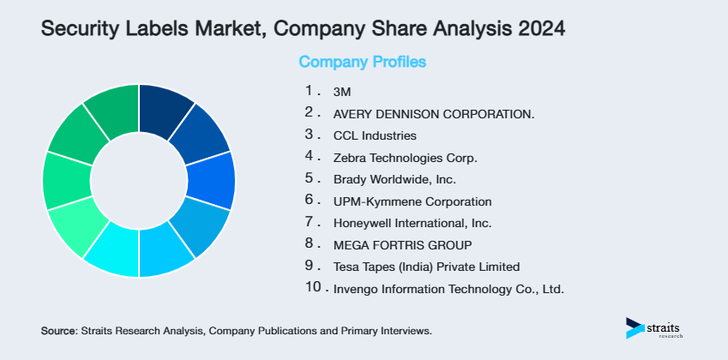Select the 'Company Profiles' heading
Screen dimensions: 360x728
pyautogui.click(x=362, y=62)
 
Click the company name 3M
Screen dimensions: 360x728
pyautogui.click(x=340, y=91)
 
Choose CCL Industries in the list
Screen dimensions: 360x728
pyautogui.click(x=375, y=135)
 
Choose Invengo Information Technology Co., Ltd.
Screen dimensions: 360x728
pyautogui.click(x=448, y=290)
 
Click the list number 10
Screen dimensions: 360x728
pyautogui.click(x=314, y=288)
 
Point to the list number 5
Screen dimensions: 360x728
pyautogui.click(x=310, y=178)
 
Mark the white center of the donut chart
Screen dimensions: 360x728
pyautogui.click(x=139, y=181)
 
